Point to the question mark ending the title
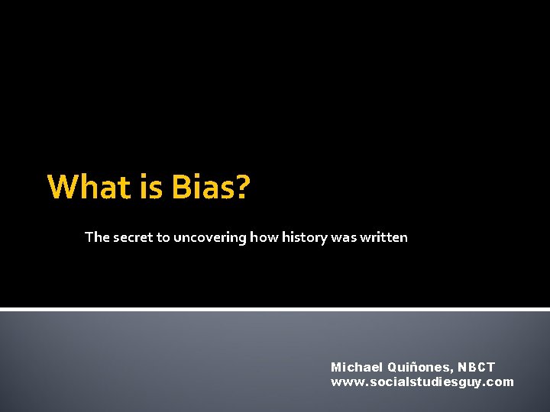(242, 187)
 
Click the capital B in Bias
(183, 187)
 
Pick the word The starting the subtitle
(97, 237)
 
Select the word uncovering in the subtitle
(199, 237)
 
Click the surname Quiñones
(420, 367)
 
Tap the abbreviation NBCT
(477, 367)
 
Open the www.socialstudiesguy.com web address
(422, 381)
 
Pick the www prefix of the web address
(343, 381)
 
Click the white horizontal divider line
(275, 309)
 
